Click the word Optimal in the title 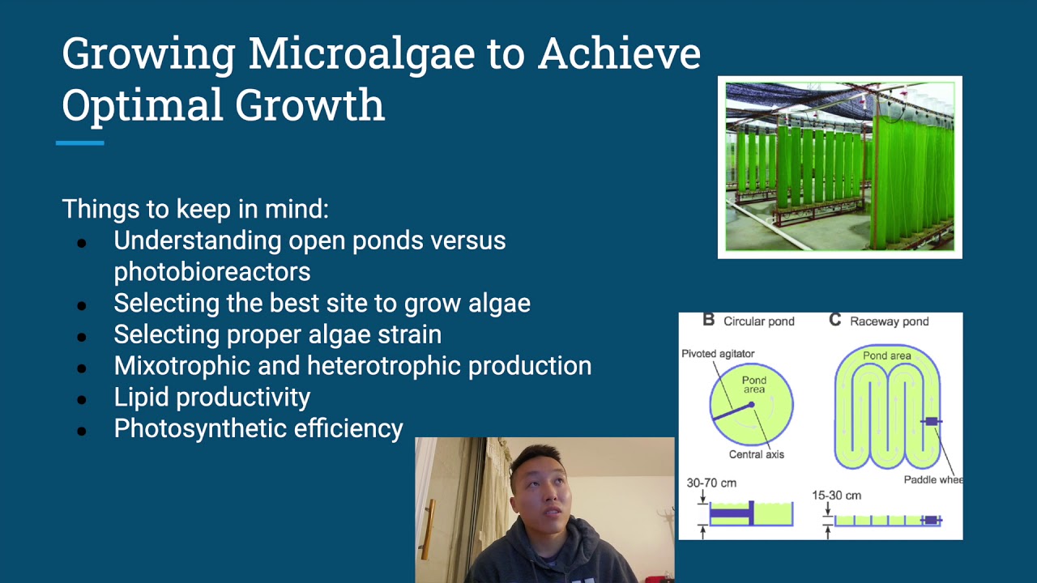[x=142, y=105]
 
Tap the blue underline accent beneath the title [x=79, y=143]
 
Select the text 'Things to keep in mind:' [x=195, y=209]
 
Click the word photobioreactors [x=211, y=271]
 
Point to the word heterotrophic [x=378, y=365]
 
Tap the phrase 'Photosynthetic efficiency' [x=258, y=428]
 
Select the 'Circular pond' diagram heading [x=758, y=321]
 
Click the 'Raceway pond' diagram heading [x=889, y=321]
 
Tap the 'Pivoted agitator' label [x=718, y=354]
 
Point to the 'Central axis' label [x=756, y=454]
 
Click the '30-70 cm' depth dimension [x=711, y=483]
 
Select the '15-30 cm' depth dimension [x=836, y=495]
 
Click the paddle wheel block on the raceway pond [x=931, y=421]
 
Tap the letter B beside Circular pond [x=708, y=321]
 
